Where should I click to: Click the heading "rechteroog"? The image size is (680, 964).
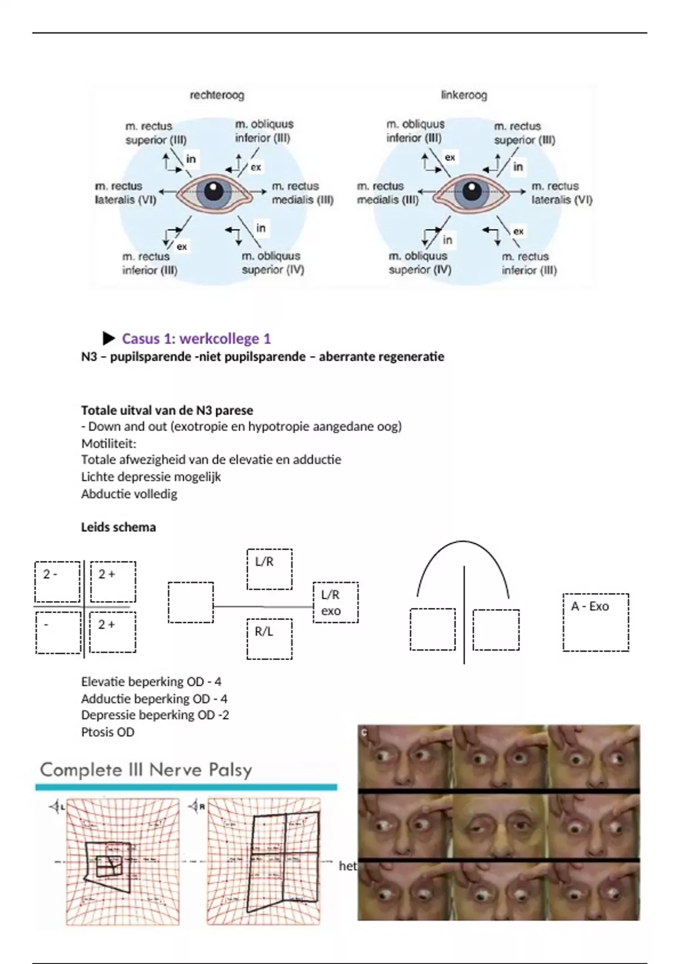pyautogui.click(x=216, y=95)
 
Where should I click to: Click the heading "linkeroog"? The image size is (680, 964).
pyautogui.click(x=464, y=95)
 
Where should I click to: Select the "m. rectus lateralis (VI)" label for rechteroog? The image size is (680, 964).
pyautogui.click(x=125, y=193)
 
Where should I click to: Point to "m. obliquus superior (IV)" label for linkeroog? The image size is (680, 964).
pyautogui.click(x=419, y=263)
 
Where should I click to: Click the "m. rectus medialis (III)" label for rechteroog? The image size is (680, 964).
pyautogui.click(x=302, y=193)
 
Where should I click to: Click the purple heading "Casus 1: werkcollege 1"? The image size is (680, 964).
pyautogui.click(x=196, y=339)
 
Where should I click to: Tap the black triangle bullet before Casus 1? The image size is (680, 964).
pyautogui.click(x=109, y=339)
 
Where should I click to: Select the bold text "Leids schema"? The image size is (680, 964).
pyautogui.click(x=118, y=527)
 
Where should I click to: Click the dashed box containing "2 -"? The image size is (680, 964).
pyautogui.click(x=57, y=581)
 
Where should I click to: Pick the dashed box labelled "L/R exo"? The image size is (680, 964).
pyautogui.click(x=335, y=602)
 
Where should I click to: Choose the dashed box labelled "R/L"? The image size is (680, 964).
pyautogui.click(x=269, y=639)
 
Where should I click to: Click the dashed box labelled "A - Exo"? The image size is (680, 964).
pyautogui.click(x=596, y=622)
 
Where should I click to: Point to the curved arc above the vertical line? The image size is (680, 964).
pyautogui.click(x=463, y=542)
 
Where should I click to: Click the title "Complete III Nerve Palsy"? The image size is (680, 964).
pyautogui.click(x=146, y=770)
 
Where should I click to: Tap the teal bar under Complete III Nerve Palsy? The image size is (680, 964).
pyautogui.click(x=186, y=787)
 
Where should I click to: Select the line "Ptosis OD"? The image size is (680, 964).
pyautogui.click(x=108, y=732)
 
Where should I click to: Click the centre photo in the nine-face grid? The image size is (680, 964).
pyautogui.click(x=499, y=826)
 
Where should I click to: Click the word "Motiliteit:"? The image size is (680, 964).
pyautogui.click(x=109, y=443)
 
